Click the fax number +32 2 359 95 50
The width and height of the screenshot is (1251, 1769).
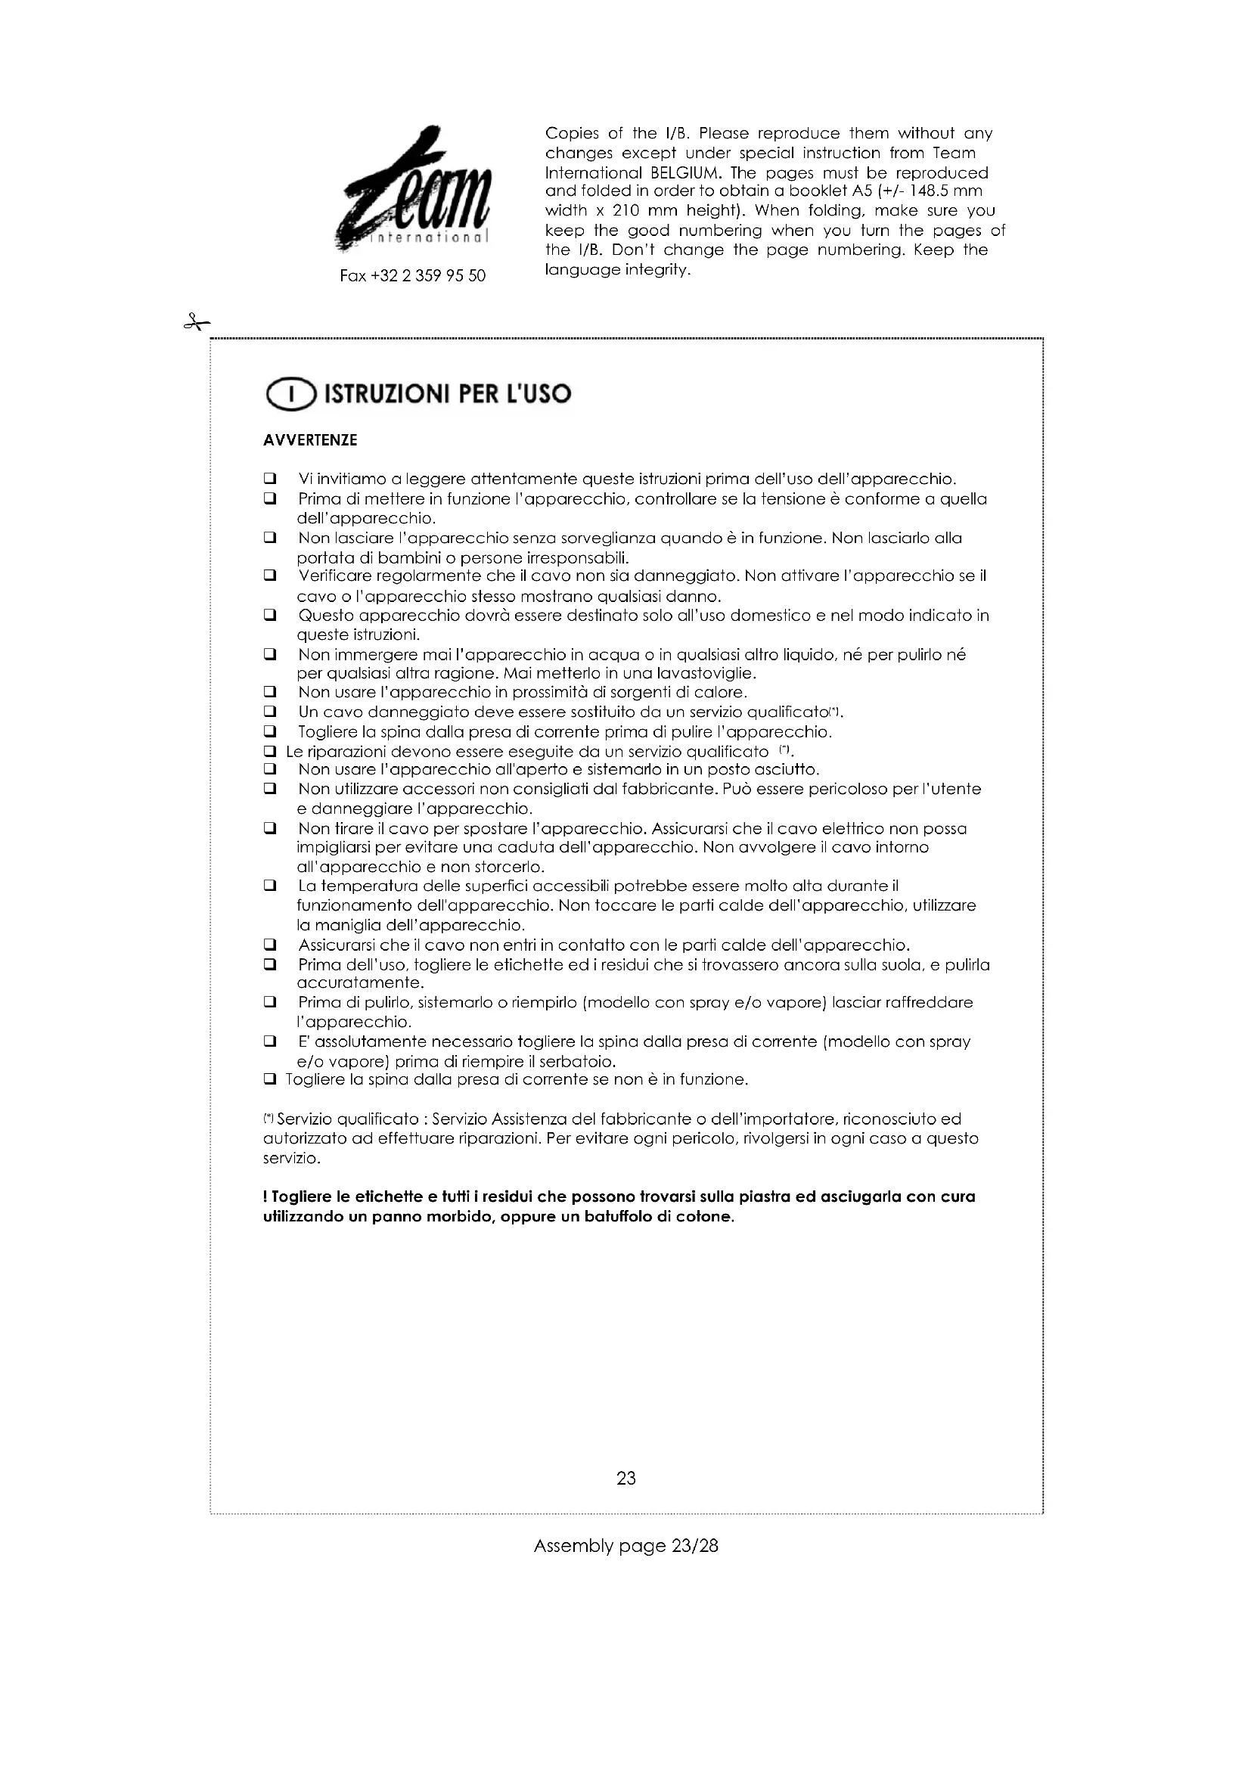point(413,276)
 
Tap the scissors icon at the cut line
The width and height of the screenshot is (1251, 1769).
point(197,322)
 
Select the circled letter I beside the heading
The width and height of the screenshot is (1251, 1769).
point(290,395)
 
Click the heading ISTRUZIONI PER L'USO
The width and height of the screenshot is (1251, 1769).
point(448,395)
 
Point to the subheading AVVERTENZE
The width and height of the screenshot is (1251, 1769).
point(309,441)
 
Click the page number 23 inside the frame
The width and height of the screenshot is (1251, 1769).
point(625,1478)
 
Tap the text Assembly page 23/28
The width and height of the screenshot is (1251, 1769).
point(625,1546)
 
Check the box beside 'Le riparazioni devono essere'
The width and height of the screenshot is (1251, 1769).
point(269,751)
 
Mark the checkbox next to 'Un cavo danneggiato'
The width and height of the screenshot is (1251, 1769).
point(269,711)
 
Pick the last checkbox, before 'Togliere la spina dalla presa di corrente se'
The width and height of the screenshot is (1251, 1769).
point(269,1079)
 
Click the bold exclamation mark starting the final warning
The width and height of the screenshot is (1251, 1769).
point(265,1196)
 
